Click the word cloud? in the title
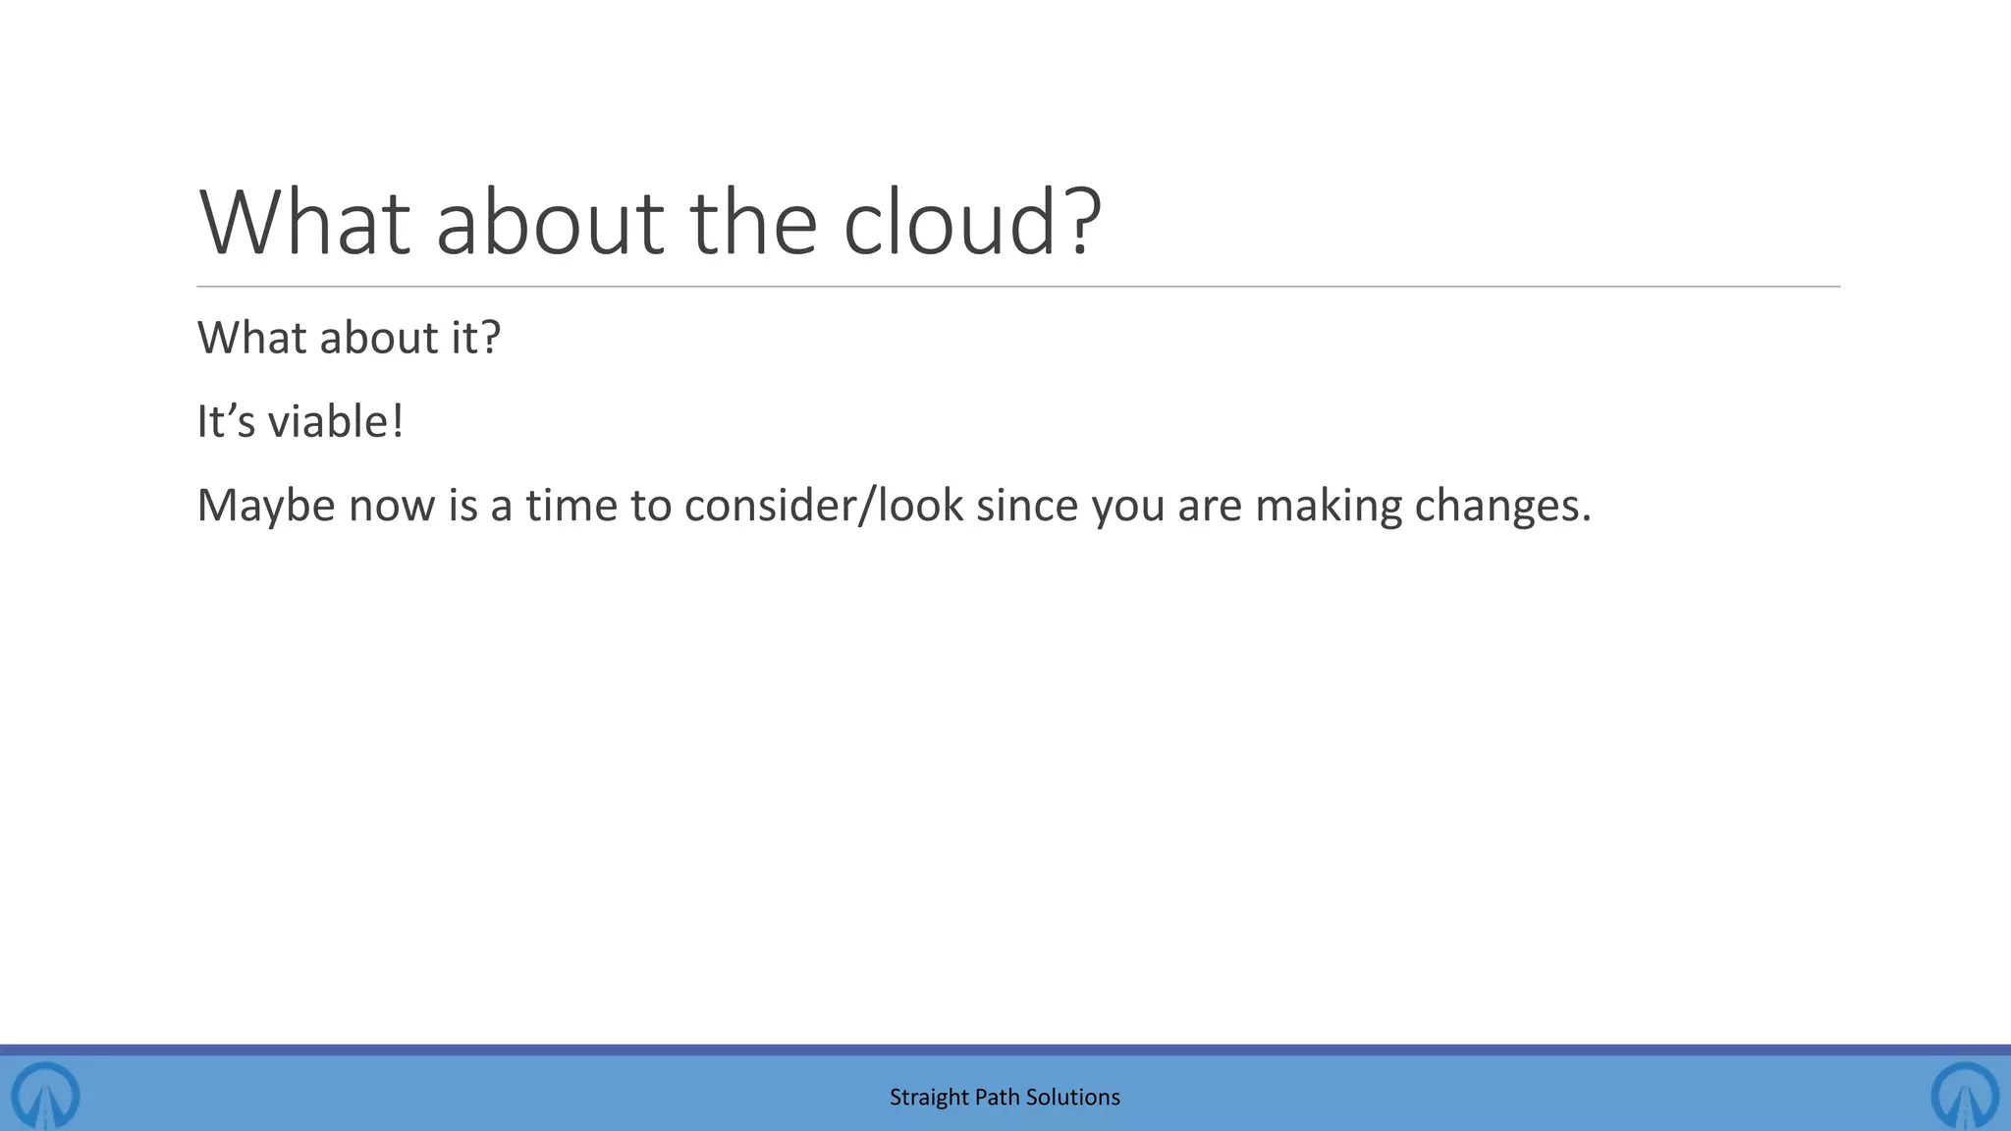(x=972, y=223)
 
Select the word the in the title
(x=753, y=223)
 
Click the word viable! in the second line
(x=336, y=422)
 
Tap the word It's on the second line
(x=226, y=422)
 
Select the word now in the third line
(x=392, y=507)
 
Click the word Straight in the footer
(x=928, y=1098)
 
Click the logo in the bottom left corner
(x=45, y=1094)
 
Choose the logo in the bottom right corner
(x=1965, y=1094)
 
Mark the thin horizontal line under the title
(x=1017, y=287)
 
